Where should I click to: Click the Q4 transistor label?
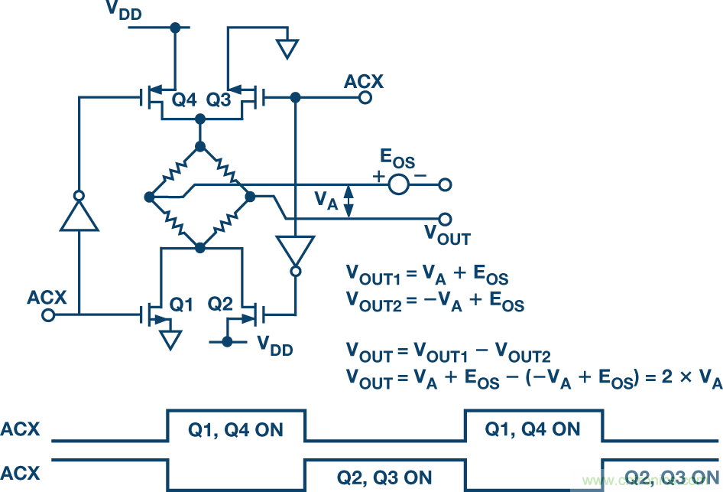(x=184, y=101)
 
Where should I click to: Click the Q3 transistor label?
(x=219, y=101)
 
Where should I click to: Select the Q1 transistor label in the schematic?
(x=181, y=305)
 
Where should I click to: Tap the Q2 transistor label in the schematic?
(x=220, y=305)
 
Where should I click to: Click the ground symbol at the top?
(x=287, y=47)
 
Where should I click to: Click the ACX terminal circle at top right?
(x=365, y=98)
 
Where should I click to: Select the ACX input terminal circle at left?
(x=47, y=313)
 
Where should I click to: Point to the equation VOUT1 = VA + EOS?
(x=427, y=275)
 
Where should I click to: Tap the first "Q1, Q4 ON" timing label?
(x=236, y=429)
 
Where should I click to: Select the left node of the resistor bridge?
(x=149, y=197)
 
